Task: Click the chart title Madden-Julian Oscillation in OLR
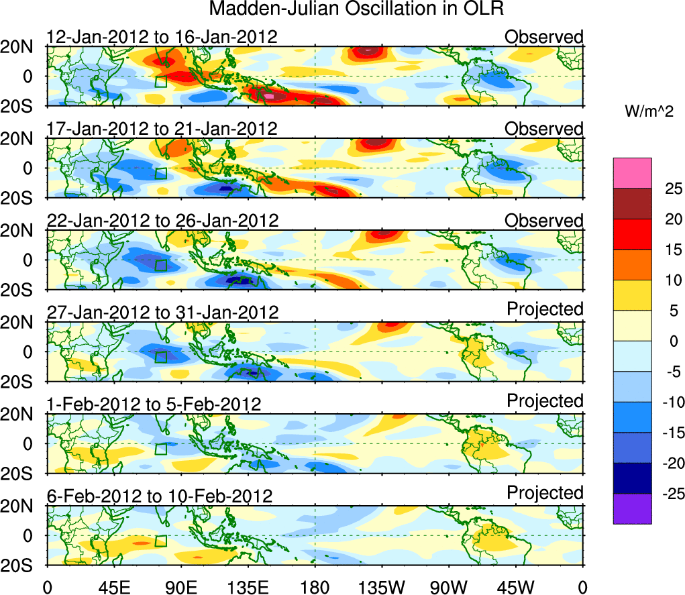pos(356,9)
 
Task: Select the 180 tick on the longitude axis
pos(315,586)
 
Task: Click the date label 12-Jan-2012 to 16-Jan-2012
pos(162,36)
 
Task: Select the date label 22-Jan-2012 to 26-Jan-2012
pos(162,220)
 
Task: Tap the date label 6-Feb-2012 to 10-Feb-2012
pos(160,496)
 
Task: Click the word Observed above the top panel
pos(544,36)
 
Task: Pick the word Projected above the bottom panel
pos(545,493)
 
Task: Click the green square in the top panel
pos(160,81)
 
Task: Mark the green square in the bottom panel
pos(160,541)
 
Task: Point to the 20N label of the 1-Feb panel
pos(22,415)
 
